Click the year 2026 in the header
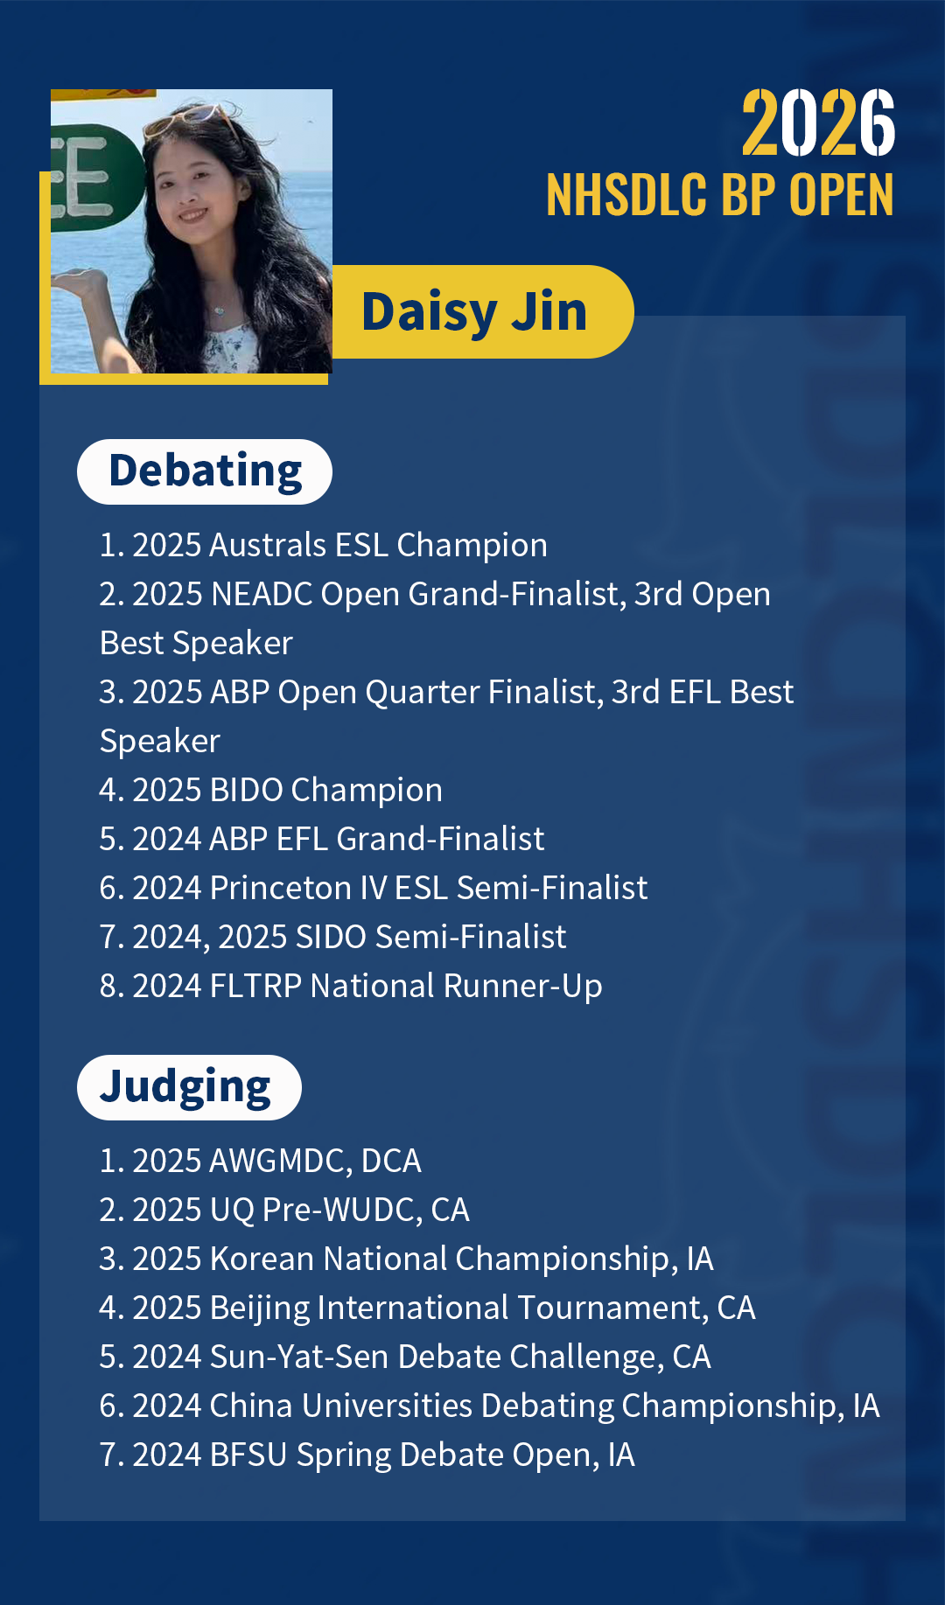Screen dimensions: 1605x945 (818, 123)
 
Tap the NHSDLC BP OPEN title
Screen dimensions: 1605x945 (719, 194)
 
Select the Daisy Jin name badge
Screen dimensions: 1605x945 (474, 312)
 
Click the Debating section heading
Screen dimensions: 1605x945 (205, 471)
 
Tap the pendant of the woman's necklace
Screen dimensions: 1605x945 (217, 309)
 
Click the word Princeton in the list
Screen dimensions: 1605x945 (280, 888)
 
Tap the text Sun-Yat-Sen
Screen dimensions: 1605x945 (299, 1357)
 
